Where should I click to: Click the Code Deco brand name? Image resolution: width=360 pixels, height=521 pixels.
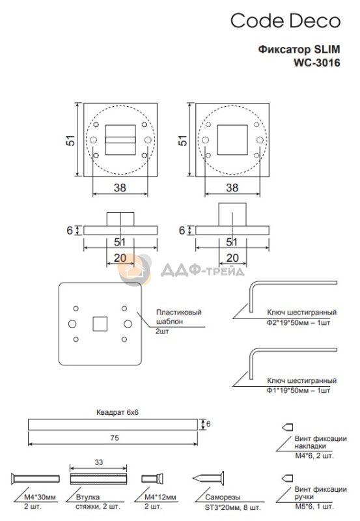tap(285, 21)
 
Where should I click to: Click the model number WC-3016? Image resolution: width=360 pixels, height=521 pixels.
tap(316, 63)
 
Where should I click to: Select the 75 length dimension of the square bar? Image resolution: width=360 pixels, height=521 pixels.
tap(114, 438)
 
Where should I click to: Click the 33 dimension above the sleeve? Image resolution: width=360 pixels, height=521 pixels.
tap(99, 462)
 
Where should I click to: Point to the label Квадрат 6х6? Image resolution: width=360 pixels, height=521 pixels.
tap(117, 412)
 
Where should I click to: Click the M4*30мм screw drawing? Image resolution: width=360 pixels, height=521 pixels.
tap(35, 479)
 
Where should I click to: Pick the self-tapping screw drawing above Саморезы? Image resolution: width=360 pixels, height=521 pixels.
tap(208, 479)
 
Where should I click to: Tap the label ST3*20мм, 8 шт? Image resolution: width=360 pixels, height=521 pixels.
tap(232, 507)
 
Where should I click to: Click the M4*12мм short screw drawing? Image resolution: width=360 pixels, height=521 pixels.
tap(152, 479)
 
